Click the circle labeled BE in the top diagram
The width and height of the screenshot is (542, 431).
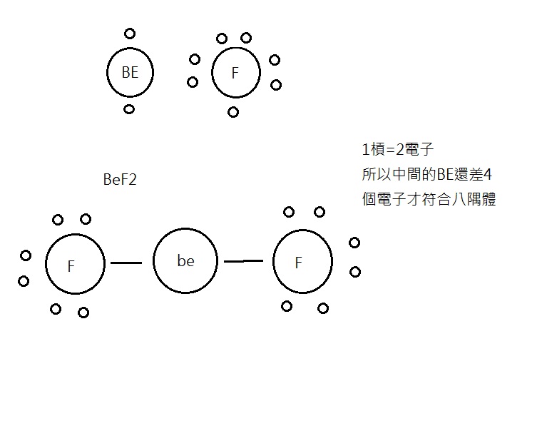(107, 73)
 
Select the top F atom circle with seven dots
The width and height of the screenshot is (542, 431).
(212, 73)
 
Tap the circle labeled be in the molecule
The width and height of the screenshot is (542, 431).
(153, 261)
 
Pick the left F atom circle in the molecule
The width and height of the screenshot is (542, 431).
(46, 264)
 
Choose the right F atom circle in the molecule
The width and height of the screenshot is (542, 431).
(273, 261)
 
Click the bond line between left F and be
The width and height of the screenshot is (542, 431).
(126, 263)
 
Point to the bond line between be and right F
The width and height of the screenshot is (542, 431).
(243, 261)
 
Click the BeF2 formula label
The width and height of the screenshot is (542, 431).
(120, 180)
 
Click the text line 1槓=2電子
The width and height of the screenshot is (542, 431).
(397, 149)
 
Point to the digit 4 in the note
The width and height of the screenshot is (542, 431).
(487, 175)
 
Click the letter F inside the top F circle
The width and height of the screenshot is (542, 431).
(235, 73)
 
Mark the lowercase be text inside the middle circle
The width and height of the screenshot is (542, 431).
(185, 260)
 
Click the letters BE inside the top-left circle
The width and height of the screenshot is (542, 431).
(130, 72)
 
